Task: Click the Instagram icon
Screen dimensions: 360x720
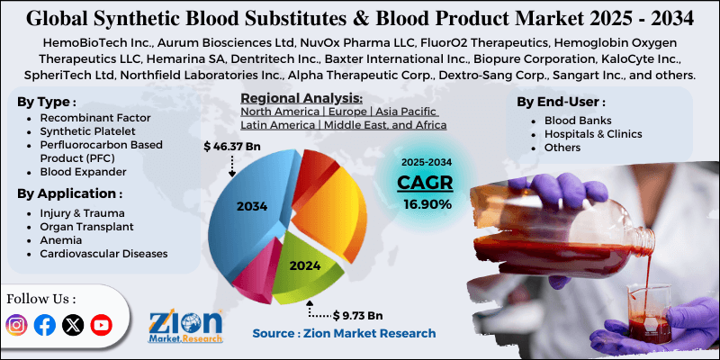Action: click(x=17, y=325)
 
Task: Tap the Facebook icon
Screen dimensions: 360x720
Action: click(x=45, y=325)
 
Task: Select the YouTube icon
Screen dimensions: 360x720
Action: click(x=101, y=325)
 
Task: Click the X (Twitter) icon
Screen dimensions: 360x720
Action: click(x=73, y=325)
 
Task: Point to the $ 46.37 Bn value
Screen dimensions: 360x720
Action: click(x=233, y=145)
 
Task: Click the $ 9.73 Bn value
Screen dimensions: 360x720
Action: click(x=357, y=315)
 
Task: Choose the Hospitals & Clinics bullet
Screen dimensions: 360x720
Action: click(x=593, y=133)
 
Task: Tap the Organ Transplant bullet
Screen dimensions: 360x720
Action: click(x=86, y=227)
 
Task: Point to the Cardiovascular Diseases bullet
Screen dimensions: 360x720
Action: click(x=103, y=254)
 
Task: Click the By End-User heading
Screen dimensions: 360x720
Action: click(x=561, y=102)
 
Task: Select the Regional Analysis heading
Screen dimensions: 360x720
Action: click(x=301, y=97)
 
